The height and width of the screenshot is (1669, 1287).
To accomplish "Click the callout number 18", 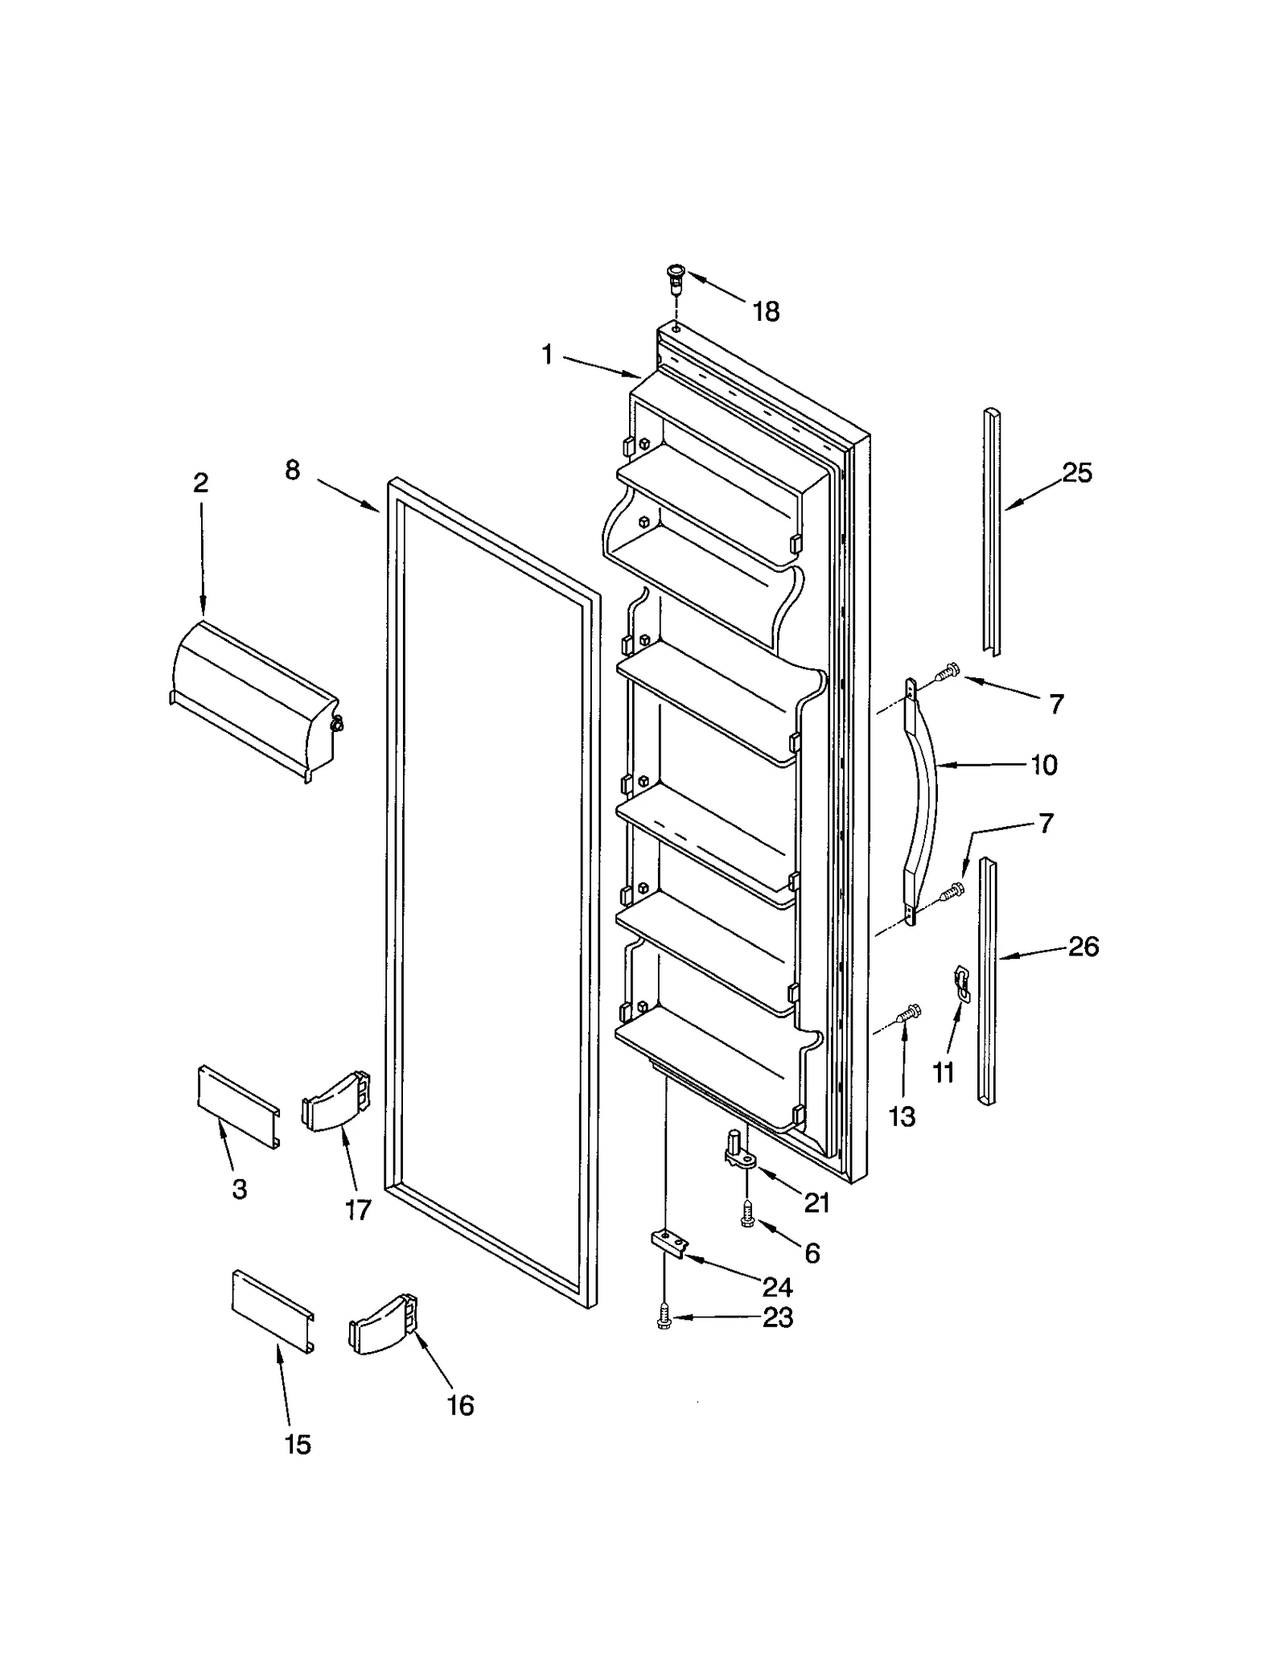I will pyautogui.click(x=766, y=311).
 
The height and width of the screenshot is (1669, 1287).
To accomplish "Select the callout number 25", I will pyautogui.click(x=1076, y=473).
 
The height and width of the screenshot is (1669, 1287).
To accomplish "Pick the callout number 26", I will pyautogui.click(x=1083, y=946).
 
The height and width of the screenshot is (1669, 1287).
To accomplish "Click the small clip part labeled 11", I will pyautogui.click(x=960, y=984).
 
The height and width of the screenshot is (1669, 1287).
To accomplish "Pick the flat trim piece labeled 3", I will pyautogui.click(x=239, y=1107).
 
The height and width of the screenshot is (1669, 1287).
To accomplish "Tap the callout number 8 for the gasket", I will pyautogui.click(x=292, y=471).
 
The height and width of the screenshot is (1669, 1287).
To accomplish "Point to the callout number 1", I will pyautogui.click(x=547, y=355).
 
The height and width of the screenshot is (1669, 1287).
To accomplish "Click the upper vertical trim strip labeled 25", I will pyautogui.click(x=991, y=531).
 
